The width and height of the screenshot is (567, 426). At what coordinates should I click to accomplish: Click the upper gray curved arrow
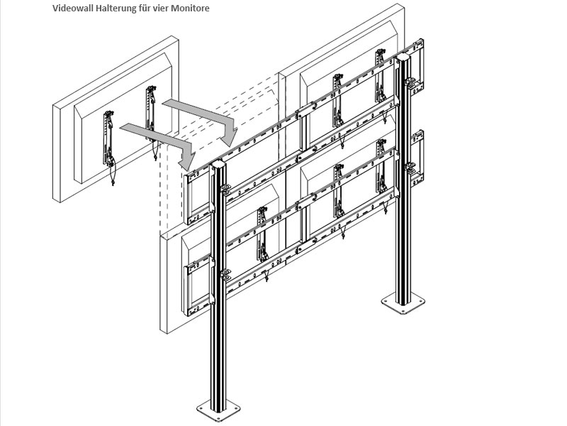202,117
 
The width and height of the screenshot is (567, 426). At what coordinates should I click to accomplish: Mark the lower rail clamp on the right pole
410,168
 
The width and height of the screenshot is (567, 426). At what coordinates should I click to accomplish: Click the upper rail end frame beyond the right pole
418,64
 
